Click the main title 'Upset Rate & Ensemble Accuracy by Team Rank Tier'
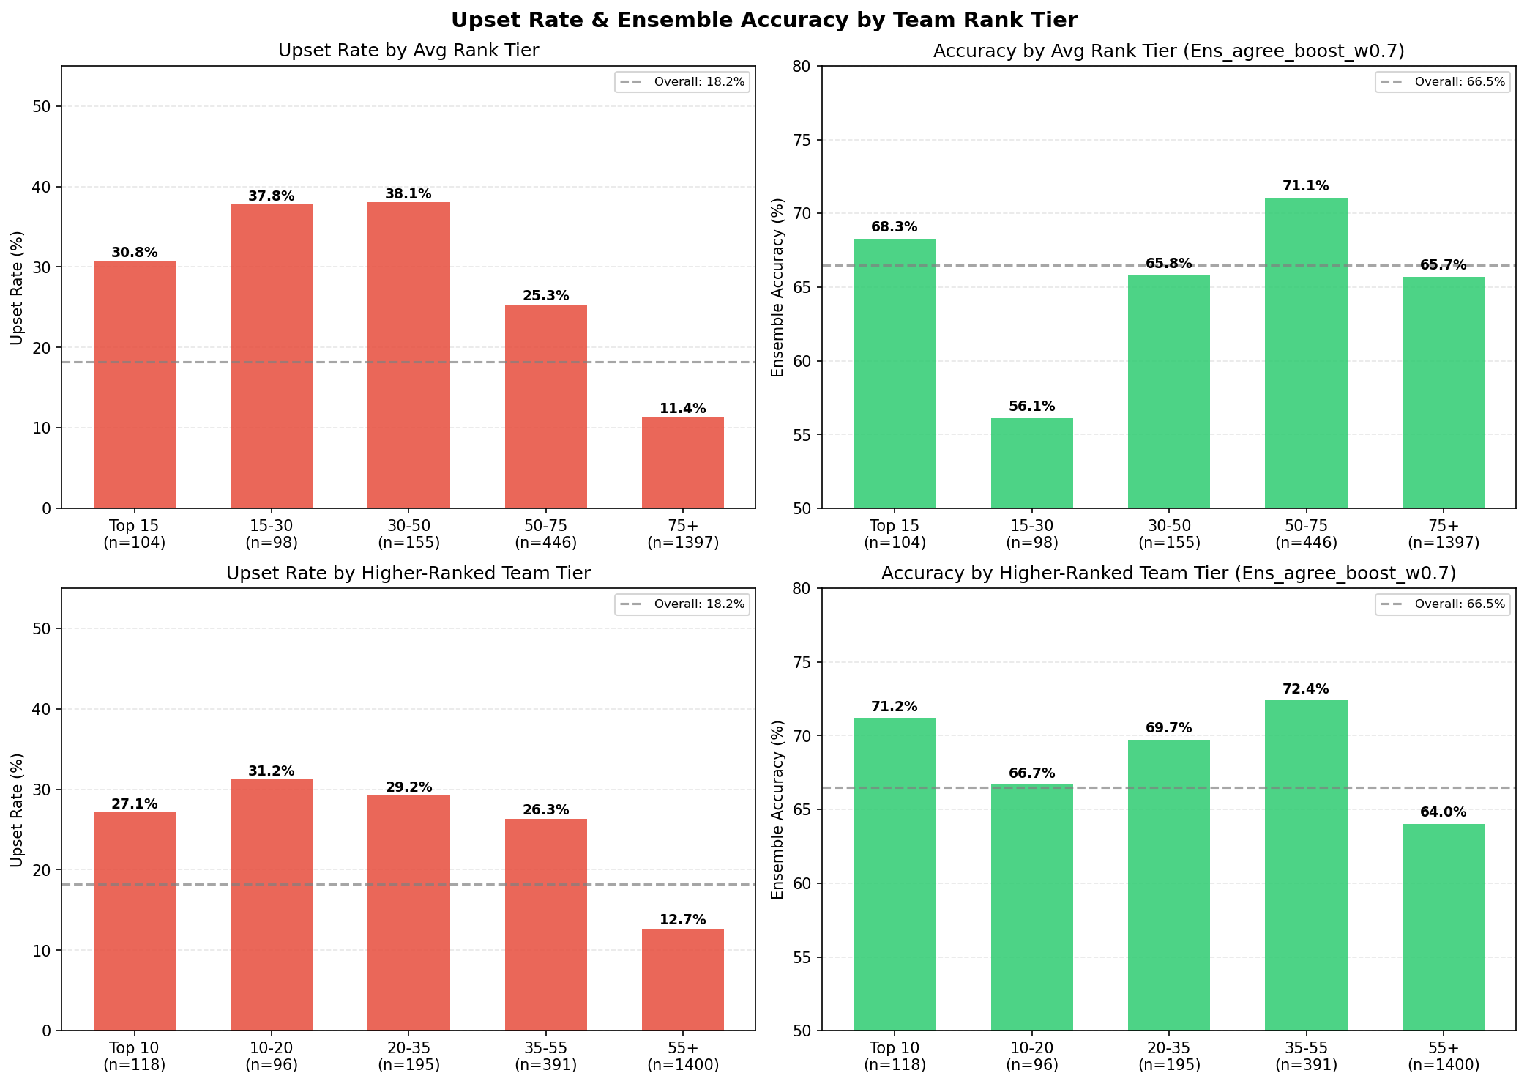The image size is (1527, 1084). (x=763, y=20)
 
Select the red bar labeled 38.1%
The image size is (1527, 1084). (x=408, y=355)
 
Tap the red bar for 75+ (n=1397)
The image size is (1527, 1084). (x=682, y=462)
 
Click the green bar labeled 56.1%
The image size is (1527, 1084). (x=1031, y=463)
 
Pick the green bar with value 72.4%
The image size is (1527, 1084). (x=1305, y=864)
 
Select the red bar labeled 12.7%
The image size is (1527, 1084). (x=682, y=979)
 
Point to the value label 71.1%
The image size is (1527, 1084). (x=1305, y=186)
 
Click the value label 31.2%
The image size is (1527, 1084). (x=272, y=771)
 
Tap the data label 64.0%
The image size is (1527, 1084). (x=1443, y=812)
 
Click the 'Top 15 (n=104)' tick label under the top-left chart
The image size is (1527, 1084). (x=134, y=534)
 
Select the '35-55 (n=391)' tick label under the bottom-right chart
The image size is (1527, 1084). (x=1305, y=1056)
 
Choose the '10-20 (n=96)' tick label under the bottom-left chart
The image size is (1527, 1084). (x=272, y=1056)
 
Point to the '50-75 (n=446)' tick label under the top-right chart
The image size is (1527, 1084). (x=1305, y=534)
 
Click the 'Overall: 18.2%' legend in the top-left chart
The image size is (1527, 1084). (x=682, y=82)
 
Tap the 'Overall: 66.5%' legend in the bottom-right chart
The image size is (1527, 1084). (x=1442, y=604)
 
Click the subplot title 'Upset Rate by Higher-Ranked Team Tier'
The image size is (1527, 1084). (x=408, y=573)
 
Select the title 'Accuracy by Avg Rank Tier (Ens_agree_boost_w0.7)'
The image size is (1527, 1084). (x=1168, y=51)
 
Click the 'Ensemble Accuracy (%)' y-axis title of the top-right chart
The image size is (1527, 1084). (x=777, y=287)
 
